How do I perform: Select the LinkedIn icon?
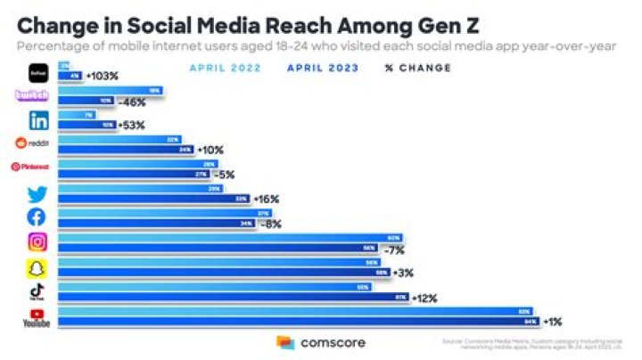(x=38, y=119)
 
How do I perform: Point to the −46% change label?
(x=132, y=102)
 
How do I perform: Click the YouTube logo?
(x=37, y=317)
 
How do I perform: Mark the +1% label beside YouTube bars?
(x=551, y=323)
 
